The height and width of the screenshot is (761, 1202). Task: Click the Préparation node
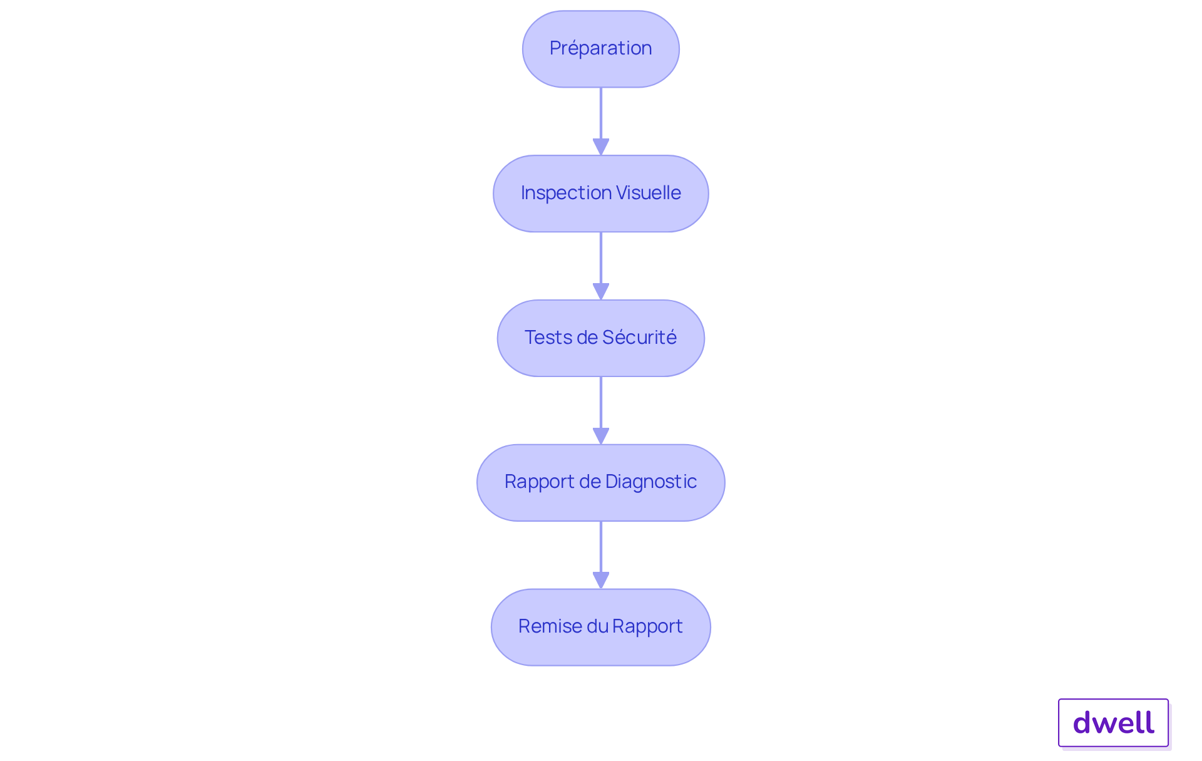point(600,49)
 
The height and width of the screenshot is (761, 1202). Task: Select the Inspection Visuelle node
point(600,194)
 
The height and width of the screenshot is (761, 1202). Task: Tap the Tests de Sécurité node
point(600,338)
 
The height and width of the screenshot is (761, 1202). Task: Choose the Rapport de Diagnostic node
point(600,482)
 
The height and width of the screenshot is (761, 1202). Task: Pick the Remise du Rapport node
point(600,627)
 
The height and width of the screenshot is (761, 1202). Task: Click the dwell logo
point(1113,723)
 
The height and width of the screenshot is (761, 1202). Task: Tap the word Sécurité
point(639,338)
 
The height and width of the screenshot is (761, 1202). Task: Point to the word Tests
point(548,338)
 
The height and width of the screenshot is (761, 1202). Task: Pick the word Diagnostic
point(651,482)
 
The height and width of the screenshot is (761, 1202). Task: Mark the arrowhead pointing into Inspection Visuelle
point(601,147)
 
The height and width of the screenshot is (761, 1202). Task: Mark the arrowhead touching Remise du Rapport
point(601,581)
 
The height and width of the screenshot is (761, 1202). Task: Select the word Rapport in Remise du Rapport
point(647,626)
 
